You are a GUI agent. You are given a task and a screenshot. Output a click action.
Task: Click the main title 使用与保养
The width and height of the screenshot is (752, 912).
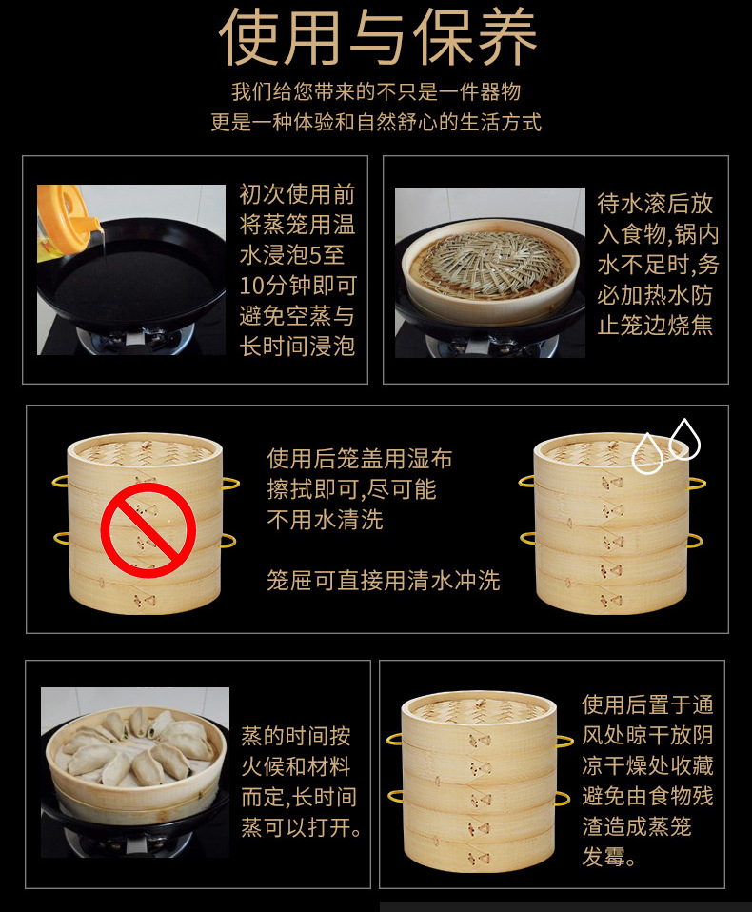pyautogui.click(x=377, y=36)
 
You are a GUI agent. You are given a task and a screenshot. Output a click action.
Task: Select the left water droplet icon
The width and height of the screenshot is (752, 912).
pyautogui.click(x=647, y=453)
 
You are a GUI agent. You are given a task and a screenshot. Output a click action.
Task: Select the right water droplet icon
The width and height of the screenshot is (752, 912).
pyautogui.click(x=684, y=440)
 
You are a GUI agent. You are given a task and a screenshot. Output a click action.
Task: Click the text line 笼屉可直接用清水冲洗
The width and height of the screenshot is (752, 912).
pyautogui.click(x=384, y=581)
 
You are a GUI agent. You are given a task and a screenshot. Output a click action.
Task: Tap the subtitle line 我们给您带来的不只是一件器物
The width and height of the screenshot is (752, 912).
pyautogui.click(x=376, y=92)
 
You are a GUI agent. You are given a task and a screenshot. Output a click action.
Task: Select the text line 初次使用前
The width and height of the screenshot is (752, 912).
pyautogui.click(x=297, y=194)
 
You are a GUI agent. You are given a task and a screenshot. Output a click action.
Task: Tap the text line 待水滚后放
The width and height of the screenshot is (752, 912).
pyautogui.click(x=655, y=204)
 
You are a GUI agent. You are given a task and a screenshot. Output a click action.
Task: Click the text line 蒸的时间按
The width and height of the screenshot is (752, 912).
pyautogui.click(x=296, y=736)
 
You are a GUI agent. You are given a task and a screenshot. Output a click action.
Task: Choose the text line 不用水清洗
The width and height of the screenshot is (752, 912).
pyautogui.click(x=326, y=520)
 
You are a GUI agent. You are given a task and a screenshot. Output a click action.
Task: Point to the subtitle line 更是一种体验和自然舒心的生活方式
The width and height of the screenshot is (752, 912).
pyautogui.click(x=376, y=123)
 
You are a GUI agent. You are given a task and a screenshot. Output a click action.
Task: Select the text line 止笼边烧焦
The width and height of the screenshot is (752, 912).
pyautogui.click(x=655, y=326)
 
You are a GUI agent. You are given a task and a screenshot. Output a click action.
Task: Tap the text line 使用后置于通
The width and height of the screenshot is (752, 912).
pyautogui.click(x=648, y=704)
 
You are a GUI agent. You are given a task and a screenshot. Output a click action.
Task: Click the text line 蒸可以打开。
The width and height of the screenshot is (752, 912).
pyautogui.click(x=301, y=827)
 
